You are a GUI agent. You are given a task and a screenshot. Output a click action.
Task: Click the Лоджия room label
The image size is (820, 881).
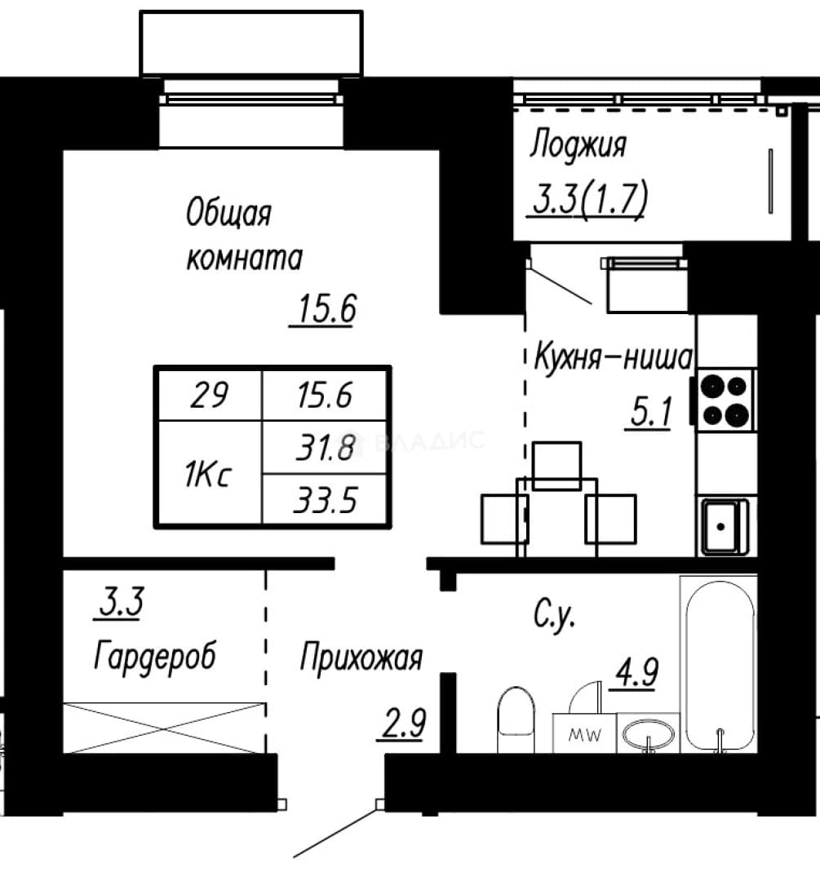tap(578, 145)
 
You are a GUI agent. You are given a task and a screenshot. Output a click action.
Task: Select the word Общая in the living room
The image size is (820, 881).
tap(228, 213)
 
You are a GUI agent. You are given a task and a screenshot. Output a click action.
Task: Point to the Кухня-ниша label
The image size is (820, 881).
tap(613, 356)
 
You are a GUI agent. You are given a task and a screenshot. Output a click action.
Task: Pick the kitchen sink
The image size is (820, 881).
tap(724, 526)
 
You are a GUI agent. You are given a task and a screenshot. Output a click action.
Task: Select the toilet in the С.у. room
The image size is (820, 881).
tap(516, 719)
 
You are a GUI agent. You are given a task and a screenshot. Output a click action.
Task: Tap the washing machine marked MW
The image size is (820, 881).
tap(584, 733)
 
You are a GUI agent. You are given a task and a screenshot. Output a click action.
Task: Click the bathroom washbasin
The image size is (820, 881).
tap(649, 734)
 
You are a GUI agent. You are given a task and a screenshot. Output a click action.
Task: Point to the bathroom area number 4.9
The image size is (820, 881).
tap(636, 672)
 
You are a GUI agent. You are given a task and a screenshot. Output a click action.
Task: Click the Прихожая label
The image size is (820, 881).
tap(361, 657)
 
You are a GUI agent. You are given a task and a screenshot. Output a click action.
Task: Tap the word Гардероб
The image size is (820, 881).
tap(155, 655)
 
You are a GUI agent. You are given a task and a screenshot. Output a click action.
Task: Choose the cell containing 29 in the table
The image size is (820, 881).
tap(210, 395)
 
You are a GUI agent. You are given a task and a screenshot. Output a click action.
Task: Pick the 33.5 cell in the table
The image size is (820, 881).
tap(325, 499)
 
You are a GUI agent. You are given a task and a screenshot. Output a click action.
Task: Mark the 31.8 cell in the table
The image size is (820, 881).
tap(325, 447)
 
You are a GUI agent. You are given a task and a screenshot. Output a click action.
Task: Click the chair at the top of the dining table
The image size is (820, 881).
tap(556, 465)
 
